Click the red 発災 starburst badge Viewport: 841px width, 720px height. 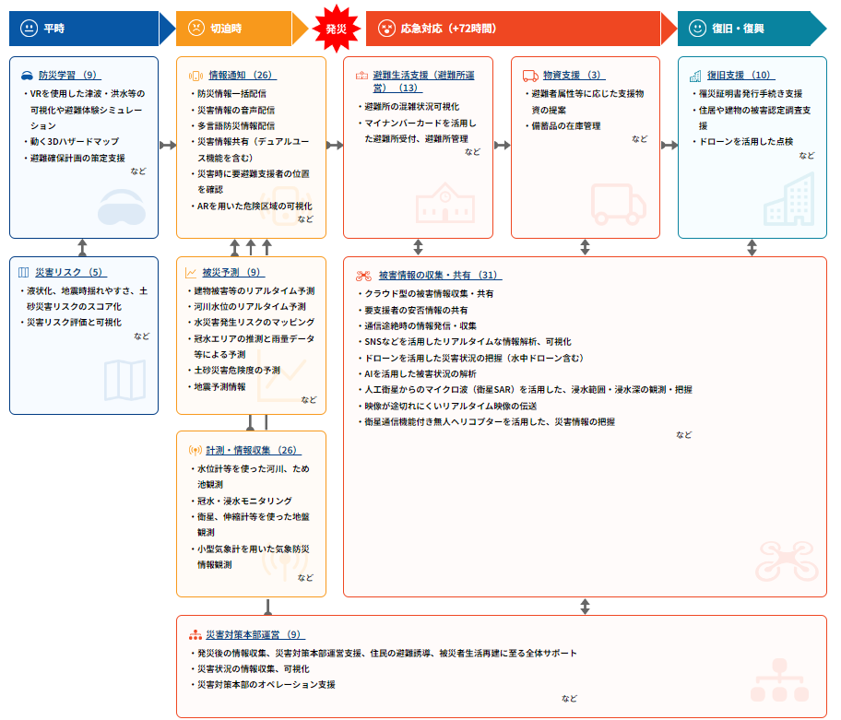click(x=336, y=29)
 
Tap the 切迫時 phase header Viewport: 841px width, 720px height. click(x=225, y=29)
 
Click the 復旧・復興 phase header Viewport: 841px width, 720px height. click(x=738, y=29)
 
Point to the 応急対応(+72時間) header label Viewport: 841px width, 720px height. click(x=448, y=29)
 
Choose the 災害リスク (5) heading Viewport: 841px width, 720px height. click(x=70, y=273)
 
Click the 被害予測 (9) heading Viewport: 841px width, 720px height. click(x=232, y=273)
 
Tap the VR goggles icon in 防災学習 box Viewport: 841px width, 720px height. click(x=122, y=209)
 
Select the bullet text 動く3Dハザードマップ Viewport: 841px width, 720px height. click(x=75, y=141)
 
